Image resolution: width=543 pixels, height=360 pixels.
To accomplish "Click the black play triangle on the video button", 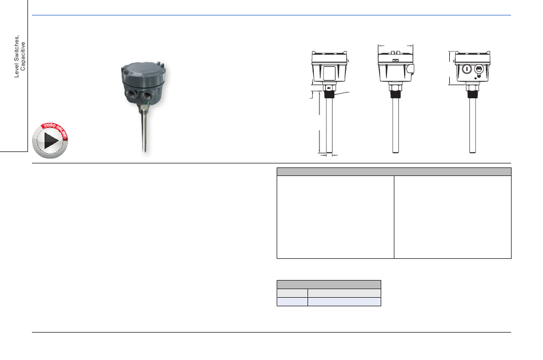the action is tap(50, 141).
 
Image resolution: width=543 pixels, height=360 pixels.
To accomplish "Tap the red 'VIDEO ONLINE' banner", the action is tap(55, 130).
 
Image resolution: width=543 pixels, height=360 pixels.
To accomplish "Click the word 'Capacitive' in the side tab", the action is tap(23, 57).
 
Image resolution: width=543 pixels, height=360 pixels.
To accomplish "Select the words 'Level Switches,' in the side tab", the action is tap(17, 57).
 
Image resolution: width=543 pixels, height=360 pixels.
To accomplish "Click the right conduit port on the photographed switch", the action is tap(147, 94).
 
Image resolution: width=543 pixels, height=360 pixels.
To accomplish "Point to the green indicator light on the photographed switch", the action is tap(148, 103).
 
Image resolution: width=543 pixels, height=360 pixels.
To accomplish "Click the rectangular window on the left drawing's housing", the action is tap(329, 73).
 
